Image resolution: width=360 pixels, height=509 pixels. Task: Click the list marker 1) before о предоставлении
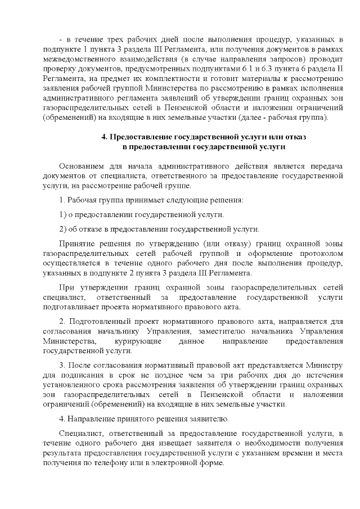pos(64,215)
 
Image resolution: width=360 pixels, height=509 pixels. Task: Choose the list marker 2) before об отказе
pos(64,229)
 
